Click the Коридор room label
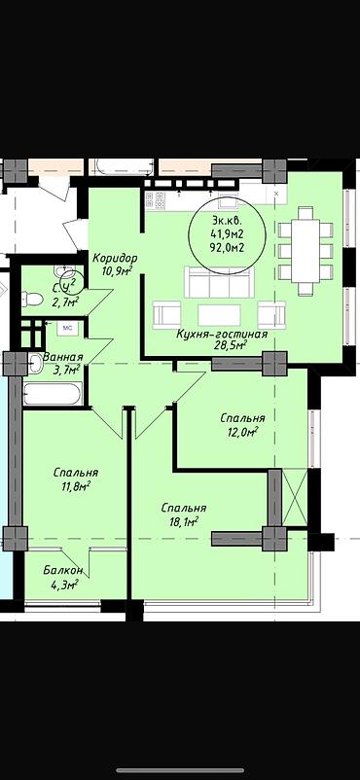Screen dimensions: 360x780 click(x=115, y=258)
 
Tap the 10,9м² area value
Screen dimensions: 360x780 click(x=115, y=270)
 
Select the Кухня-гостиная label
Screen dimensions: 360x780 click(x=222, y=335)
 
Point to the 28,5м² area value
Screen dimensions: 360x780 click(x=231, y=345)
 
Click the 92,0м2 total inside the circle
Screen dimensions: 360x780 click(x=227, y=248)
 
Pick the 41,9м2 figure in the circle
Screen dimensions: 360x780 click(x=227, y=234)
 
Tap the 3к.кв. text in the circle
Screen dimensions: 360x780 click(x=227, y=221)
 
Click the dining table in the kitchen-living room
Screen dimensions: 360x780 click(x=306, y=251)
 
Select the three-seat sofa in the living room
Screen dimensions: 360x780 click(x=219, y=281)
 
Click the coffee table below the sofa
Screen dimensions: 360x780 click(x=219, y=315)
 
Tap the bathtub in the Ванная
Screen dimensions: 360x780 click(x=52, y=394)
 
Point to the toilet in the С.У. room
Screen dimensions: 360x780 click(x=33, y=299)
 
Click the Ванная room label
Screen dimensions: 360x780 click(x=62, y=357)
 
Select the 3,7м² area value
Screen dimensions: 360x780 click(x=67, y=370)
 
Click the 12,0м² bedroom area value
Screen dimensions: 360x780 click(x=242, y=431)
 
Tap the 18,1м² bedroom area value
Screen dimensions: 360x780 click(x=183, y=521)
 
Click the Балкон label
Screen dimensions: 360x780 click(x=63, y=570)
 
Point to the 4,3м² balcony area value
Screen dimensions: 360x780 click(x=64, y=583)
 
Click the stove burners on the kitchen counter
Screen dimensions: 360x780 click(x=156, y=200)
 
